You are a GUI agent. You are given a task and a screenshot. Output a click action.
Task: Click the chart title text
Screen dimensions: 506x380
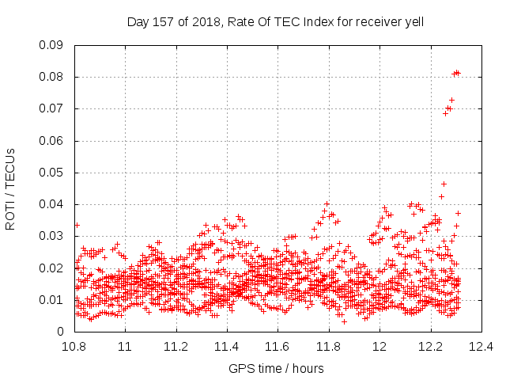pos(275,22)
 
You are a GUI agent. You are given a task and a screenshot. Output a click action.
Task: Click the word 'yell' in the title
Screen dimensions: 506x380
pos(414,22)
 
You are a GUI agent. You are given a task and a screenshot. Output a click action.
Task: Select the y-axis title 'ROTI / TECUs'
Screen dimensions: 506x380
pos(10,189)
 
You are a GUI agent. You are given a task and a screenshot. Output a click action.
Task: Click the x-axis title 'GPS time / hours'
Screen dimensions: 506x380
pos(276,368)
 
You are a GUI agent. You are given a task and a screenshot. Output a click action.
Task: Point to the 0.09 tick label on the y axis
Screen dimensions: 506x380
pos(51,45)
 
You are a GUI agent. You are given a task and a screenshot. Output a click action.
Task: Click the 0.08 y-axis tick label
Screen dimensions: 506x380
pos(51,77)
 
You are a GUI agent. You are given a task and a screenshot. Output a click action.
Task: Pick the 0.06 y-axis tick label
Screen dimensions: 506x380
pos(51,141)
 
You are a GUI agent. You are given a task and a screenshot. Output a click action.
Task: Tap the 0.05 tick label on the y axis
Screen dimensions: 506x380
pos(51,173)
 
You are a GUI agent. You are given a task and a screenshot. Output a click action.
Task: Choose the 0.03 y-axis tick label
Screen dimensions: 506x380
pos(51,236)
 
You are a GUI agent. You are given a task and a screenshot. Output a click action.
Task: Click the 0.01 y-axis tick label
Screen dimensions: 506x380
pos(51,300)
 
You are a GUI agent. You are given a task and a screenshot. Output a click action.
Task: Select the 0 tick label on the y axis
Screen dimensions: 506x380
pos(60,332)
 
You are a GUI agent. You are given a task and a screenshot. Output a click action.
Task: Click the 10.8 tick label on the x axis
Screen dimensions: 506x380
pos(74,347)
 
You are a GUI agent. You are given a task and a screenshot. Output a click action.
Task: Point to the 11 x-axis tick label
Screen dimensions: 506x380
pos(125,347)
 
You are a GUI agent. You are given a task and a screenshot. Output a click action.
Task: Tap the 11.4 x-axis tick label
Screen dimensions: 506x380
pos(227,347)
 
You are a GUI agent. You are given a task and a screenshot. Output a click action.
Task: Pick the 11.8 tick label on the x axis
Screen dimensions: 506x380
pos(329,347)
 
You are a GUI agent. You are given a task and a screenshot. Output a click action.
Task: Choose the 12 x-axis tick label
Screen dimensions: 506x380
pos(379,347)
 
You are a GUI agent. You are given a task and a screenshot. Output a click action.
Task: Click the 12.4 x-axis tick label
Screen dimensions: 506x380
pos(481,347)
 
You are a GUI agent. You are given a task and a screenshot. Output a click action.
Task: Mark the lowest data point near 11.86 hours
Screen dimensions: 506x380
pos(345,322)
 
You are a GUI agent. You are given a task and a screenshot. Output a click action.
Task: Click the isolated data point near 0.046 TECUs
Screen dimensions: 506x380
pos(444,184)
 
